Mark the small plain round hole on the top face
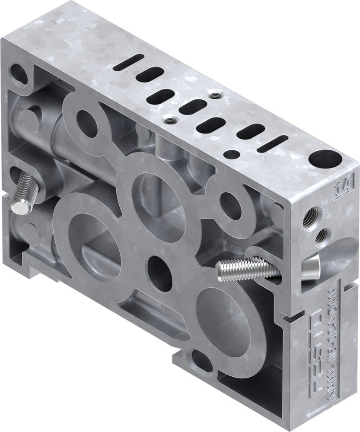(x=233, y=153)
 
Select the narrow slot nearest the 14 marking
(x=273, y=143)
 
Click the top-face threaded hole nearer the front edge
(x=172, y=119)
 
